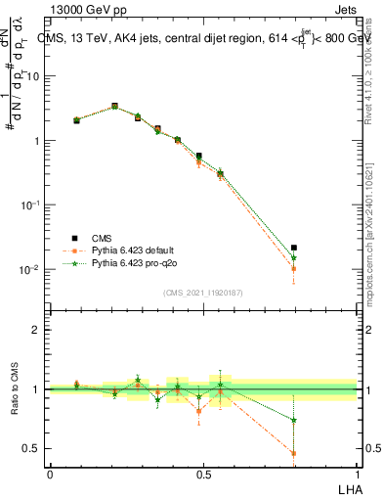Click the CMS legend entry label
(x=102, y=238)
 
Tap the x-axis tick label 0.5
(x=203, y=475)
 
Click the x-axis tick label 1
(x=357, y=475)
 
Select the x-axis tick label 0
(x=50, y=475)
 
